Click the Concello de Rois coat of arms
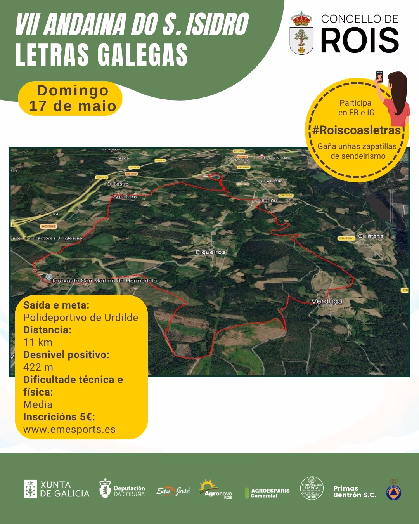301,33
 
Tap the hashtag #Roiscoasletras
356,130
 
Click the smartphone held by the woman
379,76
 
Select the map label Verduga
327,301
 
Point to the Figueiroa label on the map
211,252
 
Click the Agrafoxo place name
125,196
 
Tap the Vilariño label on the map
267,200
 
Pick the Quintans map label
370,236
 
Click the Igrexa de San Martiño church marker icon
48,277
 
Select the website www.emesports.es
69,429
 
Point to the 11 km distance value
38,342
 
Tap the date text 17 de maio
73,106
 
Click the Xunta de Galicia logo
56,489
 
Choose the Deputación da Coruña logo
122,489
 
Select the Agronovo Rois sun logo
215,489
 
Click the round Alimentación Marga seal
312,488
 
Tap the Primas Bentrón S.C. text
355,491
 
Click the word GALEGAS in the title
142,55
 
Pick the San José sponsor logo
173,491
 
